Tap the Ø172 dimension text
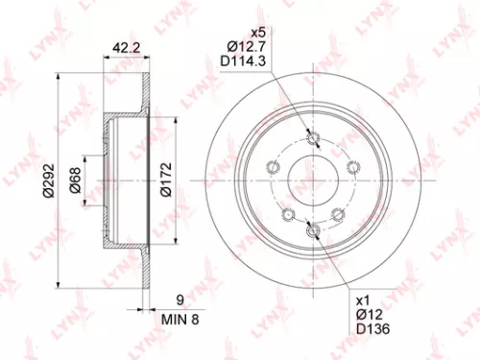(x=164, y=178)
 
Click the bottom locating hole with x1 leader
(x=309, y=228)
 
